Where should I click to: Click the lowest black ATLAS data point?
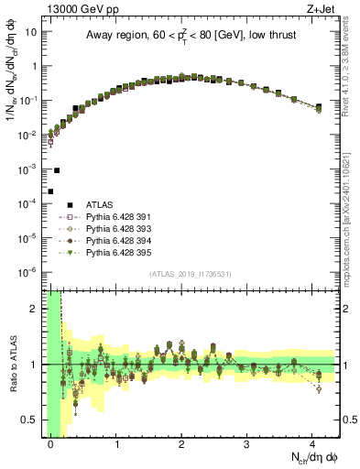tap(50, 191)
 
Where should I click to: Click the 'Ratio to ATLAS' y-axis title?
tap(11, 364)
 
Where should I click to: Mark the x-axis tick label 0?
tap(51, 442)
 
